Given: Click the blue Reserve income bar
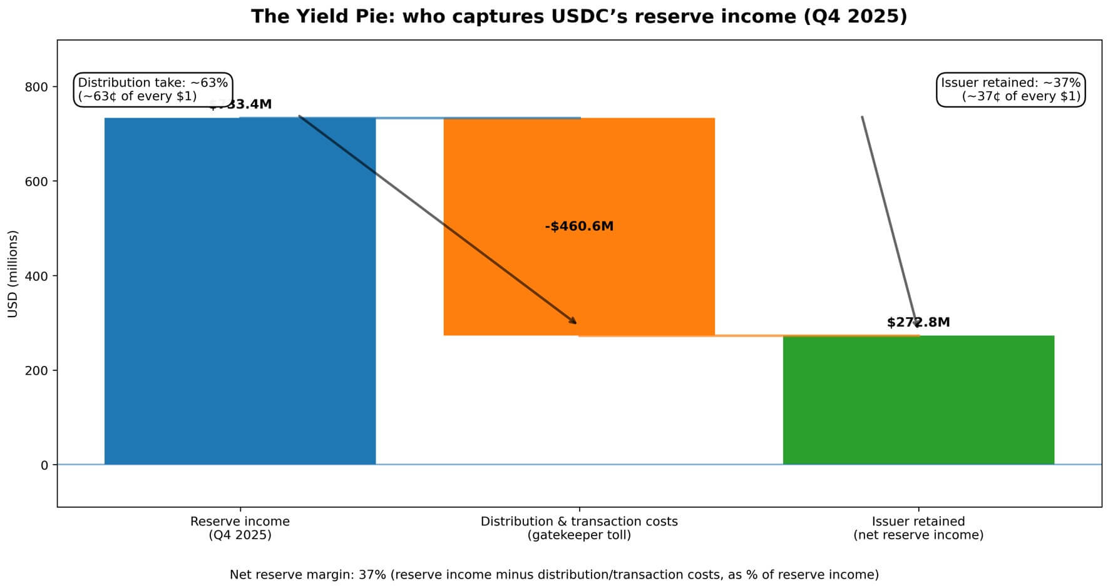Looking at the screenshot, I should tap(240, 291).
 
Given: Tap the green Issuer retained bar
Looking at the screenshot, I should tap(918, 400).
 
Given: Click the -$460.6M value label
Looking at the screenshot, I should tap(579, 226).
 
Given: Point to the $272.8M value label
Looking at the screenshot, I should tap(918, 322).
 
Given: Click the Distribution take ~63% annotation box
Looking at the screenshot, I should tap(153, 89).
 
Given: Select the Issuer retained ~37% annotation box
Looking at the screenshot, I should tap(1010, 89).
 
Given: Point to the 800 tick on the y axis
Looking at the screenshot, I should tap(37, 87).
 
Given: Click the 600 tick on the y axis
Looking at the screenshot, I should tap(37, 181).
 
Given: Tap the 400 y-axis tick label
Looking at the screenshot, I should tap(37, 276).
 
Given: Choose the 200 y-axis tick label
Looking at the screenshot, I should tap(37, 370).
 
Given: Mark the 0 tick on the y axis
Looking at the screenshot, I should tap(44, 465).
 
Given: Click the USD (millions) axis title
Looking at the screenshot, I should tap(13, 274).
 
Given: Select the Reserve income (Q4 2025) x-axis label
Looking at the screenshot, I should tap(240, 528).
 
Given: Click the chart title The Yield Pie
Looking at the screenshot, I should tap(579, 16).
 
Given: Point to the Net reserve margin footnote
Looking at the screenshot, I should tap(554, 574).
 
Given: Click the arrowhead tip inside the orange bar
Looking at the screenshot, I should tap(576, 323).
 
